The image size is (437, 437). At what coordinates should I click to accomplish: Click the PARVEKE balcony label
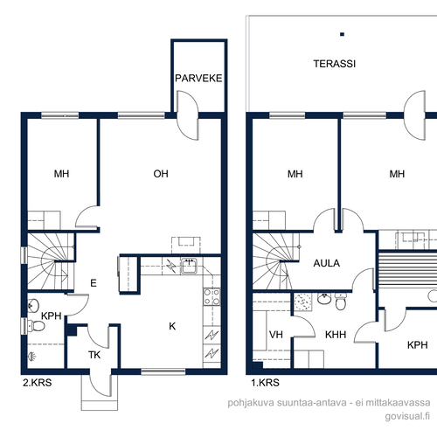(198, 78)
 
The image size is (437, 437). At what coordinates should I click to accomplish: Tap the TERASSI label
(335, 64)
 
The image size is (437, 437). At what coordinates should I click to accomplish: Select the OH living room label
(161, 174)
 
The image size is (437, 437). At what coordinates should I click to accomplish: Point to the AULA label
(327, 263)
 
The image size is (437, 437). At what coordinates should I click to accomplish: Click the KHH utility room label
(336, 335)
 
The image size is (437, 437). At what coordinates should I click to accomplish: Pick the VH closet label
(276, 335)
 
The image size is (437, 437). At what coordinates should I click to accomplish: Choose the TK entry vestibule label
(94, 355)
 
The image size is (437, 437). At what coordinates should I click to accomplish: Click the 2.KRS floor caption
(38, 383)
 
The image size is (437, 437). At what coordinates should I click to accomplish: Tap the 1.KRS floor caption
(265, 383)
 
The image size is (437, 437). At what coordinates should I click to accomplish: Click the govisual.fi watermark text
(407, 416)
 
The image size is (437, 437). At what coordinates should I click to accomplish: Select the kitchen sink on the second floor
(189, 266)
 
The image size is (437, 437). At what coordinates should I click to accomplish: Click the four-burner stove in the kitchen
(212, 296)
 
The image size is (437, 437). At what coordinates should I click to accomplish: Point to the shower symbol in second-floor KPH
(31, 356)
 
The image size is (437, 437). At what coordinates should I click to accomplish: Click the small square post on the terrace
(343, 34)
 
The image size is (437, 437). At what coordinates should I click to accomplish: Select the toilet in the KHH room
(341, 302)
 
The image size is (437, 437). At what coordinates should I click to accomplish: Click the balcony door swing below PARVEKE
(188, 115)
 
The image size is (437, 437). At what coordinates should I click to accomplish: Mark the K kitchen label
(172, 326)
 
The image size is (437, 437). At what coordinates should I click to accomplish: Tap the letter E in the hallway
(94, 283)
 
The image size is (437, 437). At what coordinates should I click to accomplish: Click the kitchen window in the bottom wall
(163, 371)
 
